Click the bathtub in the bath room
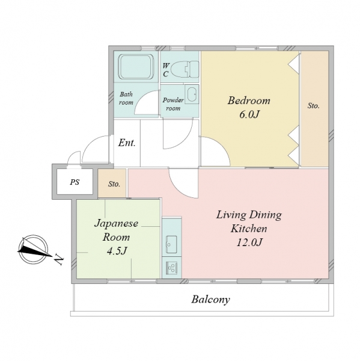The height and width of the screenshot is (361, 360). point(136,67)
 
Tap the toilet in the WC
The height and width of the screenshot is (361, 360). point(185,69)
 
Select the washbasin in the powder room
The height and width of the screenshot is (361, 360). point(192,94)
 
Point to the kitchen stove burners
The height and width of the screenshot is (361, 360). point(171,268)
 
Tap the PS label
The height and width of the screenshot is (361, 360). point(75,182)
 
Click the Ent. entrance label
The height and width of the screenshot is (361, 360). point(127,143)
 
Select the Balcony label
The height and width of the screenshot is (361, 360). point(210,300)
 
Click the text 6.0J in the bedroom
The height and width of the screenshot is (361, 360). point(249,114)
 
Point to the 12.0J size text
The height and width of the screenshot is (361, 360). point(249,242)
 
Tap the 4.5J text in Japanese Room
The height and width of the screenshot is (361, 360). point(117,251)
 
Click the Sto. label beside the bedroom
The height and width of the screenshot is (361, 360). point(314,106)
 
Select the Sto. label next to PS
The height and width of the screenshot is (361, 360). point(114,184)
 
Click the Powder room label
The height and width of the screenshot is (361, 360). point(173,104)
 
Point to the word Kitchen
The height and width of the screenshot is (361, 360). point(249,229)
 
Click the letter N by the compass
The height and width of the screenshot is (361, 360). point(59,260)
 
